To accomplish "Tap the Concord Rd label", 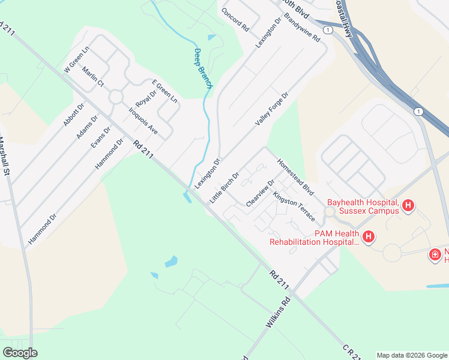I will point(235,19).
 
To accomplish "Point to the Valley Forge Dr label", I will point(271,109).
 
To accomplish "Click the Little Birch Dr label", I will point(224,187).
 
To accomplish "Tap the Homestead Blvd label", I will point(295,176).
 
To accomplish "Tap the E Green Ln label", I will point(164,91).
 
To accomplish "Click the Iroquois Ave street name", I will point(143,120).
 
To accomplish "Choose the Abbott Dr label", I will point(74,114).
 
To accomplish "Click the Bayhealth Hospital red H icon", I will point(408,206).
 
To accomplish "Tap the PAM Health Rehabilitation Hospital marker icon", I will point(369,237).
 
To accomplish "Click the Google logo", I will point(20,353).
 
